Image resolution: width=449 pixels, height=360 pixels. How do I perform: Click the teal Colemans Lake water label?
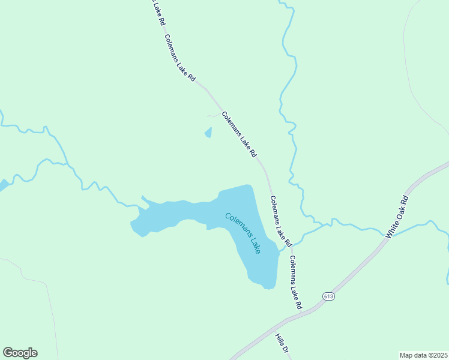click(x=243, y=233)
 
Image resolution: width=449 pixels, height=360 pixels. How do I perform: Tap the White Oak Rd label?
click(x=397, y=217)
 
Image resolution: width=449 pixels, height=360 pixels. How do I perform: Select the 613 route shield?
click(x=328, y=296)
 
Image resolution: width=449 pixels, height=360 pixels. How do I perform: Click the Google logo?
click(x=20, y=353)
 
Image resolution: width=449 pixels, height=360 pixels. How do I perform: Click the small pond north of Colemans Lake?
click(x=208, y=133)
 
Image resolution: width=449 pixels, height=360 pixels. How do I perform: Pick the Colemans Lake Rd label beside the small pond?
click(x=239, y=134)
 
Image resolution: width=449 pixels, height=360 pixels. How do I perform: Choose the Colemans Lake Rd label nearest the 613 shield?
click(x=295, y=282)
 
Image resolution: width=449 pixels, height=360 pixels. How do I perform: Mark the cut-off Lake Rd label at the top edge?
click(x=158, y=12)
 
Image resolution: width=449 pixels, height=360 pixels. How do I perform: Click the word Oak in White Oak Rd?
click(x=399, y=214)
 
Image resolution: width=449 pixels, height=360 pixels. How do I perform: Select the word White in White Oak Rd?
click(x=391, y=229)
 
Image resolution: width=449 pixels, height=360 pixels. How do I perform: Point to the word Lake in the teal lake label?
click(x=254, y=244)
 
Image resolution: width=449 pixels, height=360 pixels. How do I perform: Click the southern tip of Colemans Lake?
click(x=269, y=288)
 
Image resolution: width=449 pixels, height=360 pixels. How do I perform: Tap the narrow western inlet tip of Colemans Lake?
click(x=142, y=197)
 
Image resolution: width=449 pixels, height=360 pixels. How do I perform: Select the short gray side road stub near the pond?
click(x=212, y=115)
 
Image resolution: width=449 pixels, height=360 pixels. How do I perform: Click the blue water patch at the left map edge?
click(x=2, y=185)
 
